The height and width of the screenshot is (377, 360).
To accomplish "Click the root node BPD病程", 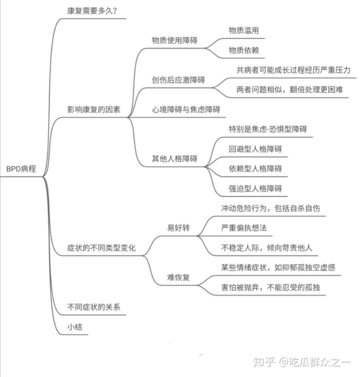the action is click(x=21, y=169).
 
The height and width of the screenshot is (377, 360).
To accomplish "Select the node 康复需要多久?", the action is click(x=92, y=11).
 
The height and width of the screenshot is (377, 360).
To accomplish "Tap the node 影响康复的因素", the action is click(x=94, y=110).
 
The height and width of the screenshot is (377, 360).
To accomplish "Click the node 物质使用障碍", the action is click(x=174, y=40).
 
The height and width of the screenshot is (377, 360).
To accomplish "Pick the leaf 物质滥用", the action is click(x=244, y=31).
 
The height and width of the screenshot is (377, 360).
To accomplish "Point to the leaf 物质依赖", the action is click(x=244, y=50).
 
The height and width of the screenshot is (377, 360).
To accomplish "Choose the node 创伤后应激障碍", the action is click(x=178, y=80).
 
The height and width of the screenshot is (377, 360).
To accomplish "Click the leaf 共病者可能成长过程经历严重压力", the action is click(x=293, y=70).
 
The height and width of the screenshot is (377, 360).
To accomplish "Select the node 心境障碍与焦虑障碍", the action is click(x=186, y=110).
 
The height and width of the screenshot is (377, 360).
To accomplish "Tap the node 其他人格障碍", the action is click(x=174, y=159).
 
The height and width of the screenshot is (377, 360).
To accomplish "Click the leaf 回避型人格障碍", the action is click(x=255, y=149).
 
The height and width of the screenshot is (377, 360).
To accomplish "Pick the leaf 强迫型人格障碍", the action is click(x=255, y=188).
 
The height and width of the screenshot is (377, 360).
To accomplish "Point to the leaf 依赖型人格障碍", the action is click(x=255, y=169).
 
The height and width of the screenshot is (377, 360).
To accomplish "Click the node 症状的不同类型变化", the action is click(x=101, y=248).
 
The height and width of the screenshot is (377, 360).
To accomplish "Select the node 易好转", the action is click(x=178, y=228).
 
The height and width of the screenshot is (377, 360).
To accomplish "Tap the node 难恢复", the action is click(x=178, y=277).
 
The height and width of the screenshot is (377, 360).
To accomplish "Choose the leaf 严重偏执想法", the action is click(x=244, y=228).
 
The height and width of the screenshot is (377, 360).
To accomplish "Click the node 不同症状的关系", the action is click(x=94, y=307).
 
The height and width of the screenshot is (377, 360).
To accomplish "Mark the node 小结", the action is click(x=75, y=327).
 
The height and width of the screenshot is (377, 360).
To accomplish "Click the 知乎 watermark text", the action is click(x=264, y=362).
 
